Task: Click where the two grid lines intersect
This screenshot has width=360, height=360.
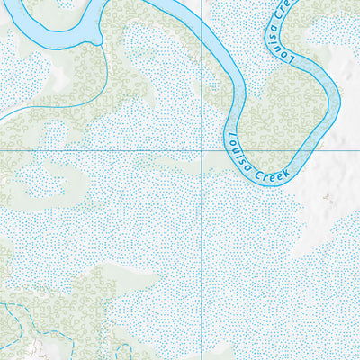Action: click(202, 148)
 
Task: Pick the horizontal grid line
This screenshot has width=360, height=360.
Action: click(108, 148)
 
